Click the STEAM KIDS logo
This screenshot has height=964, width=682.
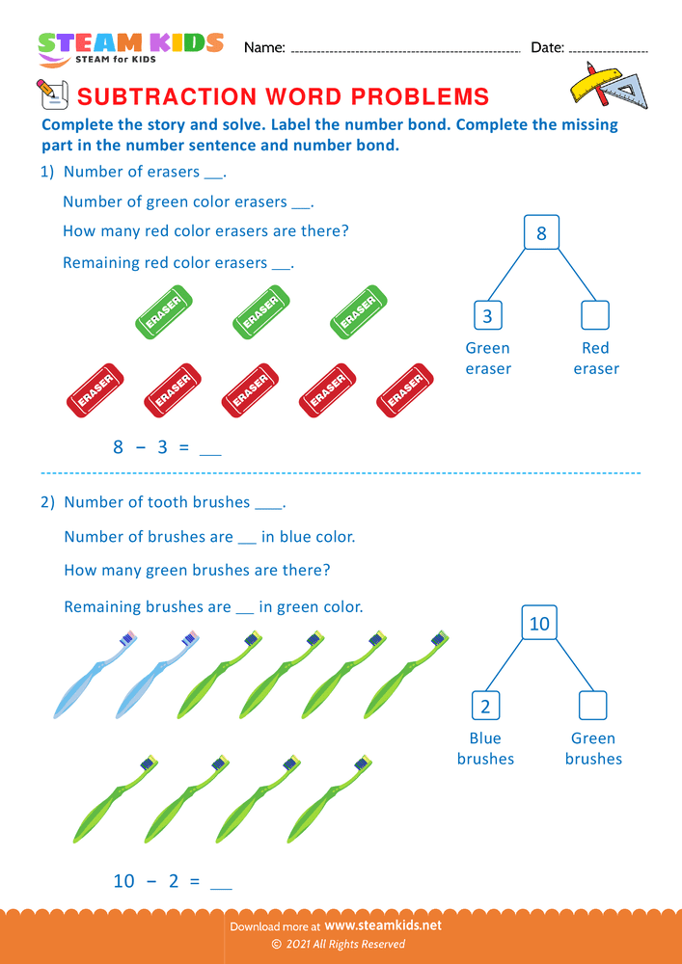(130, 46)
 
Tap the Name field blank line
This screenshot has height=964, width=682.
(405, 49)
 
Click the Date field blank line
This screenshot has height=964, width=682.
(608, 49)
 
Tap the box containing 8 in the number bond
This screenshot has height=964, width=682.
(541, 233)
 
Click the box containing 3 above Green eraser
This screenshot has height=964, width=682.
(487, 315)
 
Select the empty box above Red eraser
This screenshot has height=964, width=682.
(595, 315)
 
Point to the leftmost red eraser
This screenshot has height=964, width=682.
(95, 389)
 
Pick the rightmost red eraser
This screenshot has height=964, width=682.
(404, 389)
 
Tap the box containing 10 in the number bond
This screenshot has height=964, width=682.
(539, 624)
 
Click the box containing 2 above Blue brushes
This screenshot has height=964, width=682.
(485, 706)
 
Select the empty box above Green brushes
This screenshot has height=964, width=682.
(592, 706)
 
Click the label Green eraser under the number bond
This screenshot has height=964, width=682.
(488, 359)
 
